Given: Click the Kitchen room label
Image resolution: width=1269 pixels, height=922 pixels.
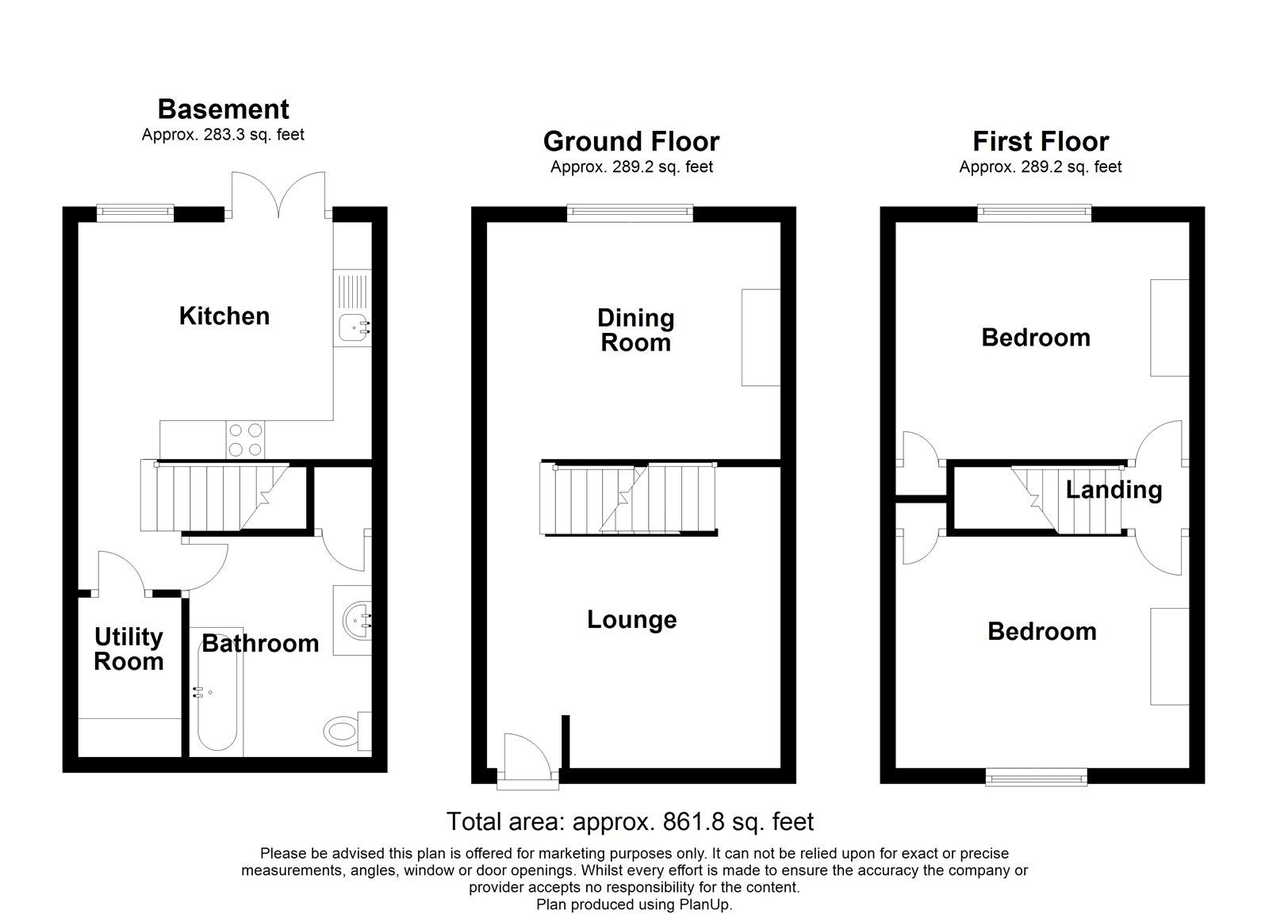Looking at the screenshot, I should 224,316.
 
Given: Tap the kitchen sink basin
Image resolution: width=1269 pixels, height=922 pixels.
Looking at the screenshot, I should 351,327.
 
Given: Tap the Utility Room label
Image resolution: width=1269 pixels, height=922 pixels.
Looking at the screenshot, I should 128,649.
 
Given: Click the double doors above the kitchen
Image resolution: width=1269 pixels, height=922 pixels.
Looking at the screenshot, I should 278,194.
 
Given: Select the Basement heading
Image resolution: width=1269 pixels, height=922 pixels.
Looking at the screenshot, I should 223,109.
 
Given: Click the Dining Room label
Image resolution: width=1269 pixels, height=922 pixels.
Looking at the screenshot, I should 635,331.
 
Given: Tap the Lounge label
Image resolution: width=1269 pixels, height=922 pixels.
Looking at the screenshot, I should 631,619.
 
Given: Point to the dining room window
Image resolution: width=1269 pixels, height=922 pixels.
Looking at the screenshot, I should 630,212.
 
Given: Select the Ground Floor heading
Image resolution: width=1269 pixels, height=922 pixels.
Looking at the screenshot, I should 631,141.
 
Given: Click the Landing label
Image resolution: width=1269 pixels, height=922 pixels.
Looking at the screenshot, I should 1114,489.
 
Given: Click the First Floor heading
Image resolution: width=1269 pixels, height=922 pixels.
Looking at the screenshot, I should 1041,141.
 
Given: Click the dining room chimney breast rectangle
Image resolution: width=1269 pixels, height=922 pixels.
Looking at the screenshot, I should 761,338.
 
